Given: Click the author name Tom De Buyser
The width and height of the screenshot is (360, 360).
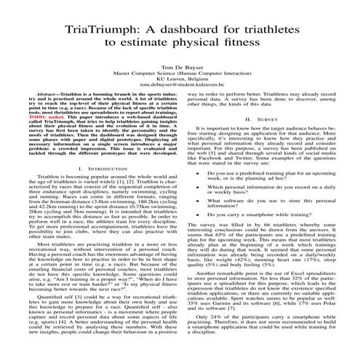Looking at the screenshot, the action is tap(180, 64).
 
